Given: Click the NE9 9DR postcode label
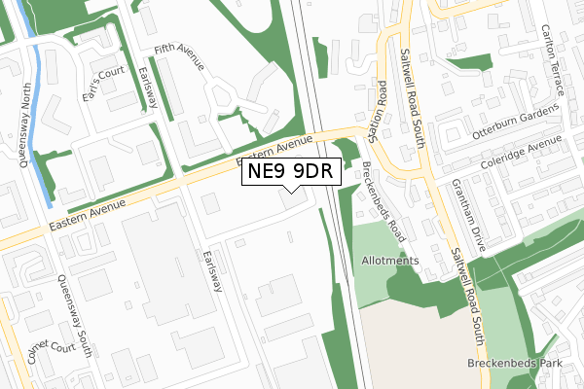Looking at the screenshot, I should (291, 172).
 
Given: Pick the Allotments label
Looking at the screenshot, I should (389, 261).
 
